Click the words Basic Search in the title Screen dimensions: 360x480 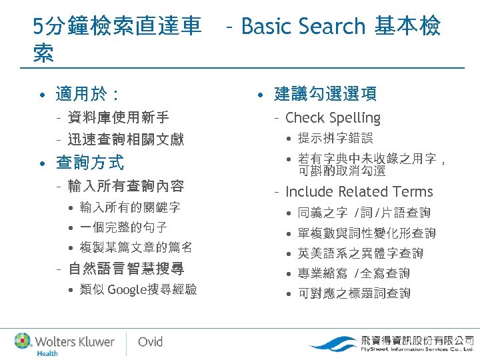tap(303, 27)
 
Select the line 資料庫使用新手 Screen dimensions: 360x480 tap(118, 118)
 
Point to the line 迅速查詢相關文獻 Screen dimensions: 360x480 tap(125, 139)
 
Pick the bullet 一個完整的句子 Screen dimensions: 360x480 tap(123, 227)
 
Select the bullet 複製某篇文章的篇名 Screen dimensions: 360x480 tap(135, 247)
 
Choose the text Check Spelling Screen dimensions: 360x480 tap(333, 118)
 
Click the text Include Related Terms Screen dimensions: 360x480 tap(359, 192)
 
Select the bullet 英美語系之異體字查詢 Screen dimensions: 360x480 tap(360, 253)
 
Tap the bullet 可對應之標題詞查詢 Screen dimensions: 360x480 tap(354, 293)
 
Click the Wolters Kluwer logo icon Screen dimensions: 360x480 tap(24, 341)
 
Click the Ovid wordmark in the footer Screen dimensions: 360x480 tap(150, 341)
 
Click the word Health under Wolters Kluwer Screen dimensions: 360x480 tap(47, 353)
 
